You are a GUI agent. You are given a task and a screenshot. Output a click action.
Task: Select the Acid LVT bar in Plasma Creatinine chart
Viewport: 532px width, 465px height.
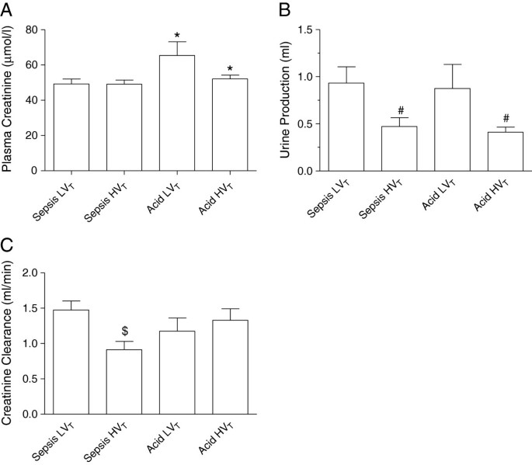pyautogui.click(x=178, y=113)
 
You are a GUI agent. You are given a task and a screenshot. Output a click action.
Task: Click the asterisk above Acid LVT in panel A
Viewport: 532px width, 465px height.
pyautogui.click(x=178, y=36)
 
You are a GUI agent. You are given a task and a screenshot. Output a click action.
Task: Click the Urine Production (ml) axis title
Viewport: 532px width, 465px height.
pyautogui.click(x=284, y=99)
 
